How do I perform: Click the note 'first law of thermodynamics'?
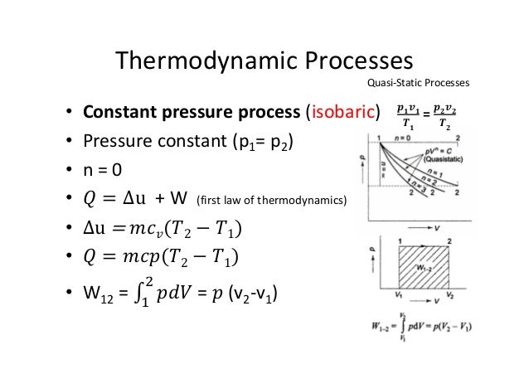pos(273,201)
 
